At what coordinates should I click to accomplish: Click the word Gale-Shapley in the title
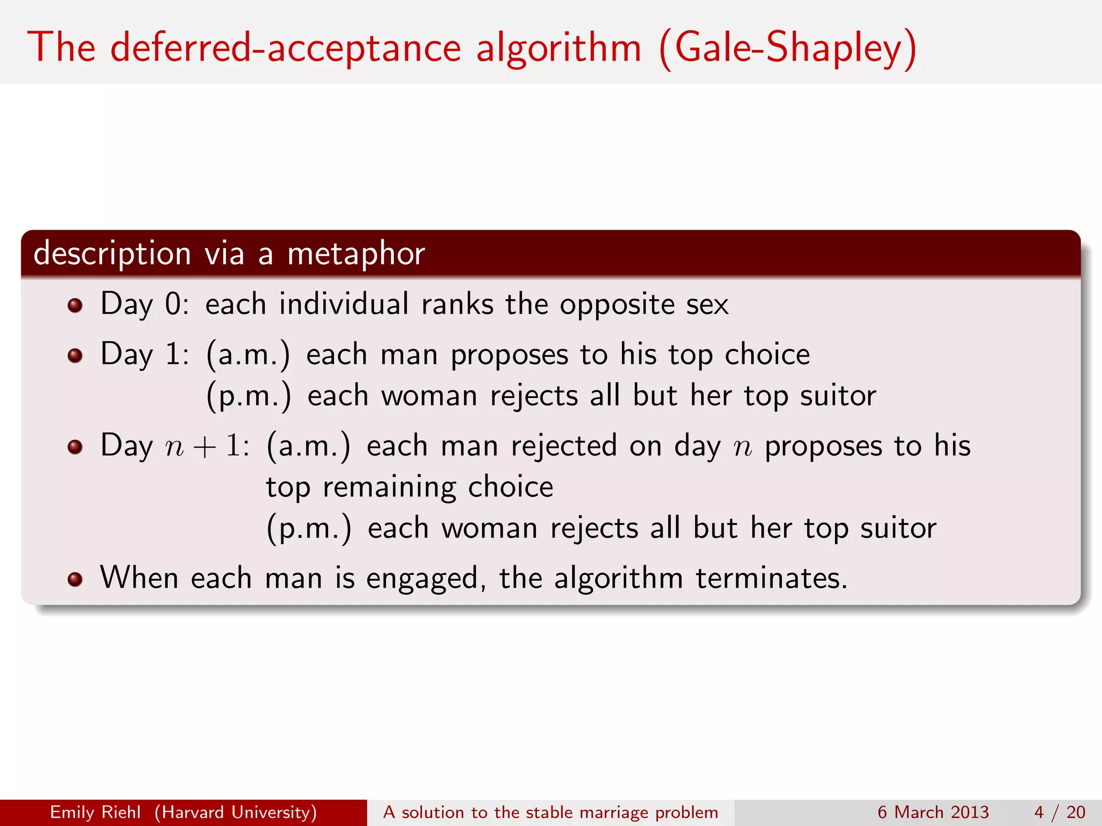click(788, 48)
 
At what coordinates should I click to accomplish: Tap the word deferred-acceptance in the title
click(285, 48)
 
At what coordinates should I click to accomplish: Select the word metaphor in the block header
click(356, 254)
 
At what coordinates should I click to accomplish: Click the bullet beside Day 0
click(75, 306)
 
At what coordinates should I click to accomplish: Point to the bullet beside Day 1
click(75, 356)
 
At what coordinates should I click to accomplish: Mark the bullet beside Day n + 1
click(75, 447)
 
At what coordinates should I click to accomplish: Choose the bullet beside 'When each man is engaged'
click(75, 579)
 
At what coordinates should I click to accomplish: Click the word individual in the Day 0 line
click(344, 304)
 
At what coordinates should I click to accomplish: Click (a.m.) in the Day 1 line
click(248, 355)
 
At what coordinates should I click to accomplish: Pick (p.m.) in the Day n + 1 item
click(309, 529)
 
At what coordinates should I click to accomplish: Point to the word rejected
click(563, 446)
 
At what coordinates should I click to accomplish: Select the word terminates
click(771, 579)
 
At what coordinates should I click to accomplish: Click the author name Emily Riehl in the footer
click(95, 812)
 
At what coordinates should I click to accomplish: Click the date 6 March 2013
click(933, 812)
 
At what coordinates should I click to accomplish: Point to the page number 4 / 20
click(1059, 812)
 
